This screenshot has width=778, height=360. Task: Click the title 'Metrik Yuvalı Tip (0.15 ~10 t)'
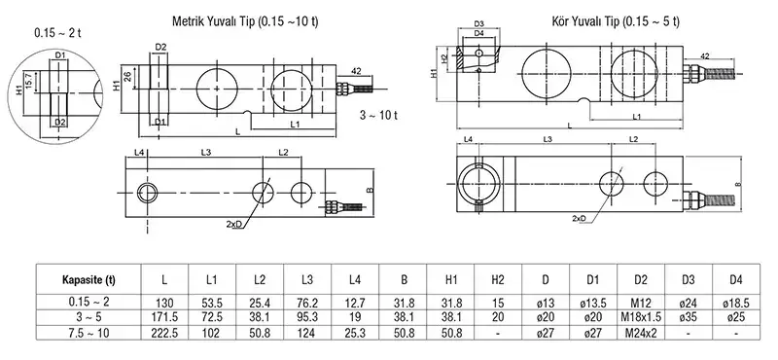click(x=245, y=21)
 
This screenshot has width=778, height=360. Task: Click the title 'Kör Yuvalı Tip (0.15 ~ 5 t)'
click(x=616, y=21)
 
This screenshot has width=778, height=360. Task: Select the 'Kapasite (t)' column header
click(x=88, y=280)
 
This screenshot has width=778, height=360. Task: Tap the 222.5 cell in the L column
click(x=164, y=333)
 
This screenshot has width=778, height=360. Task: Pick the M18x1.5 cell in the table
click(x=641, y=317)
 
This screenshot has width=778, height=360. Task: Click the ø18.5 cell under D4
click(x=736, y=303)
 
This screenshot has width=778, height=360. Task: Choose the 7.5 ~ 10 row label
click(x=88, y=333)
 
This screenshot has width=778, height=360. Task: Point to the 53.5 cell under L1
click(x=212, y=303)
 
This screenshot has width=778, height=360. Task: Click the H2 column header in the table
click(x=498, y=280)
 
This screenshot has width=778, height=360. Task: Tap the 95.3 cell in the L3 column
click(x=307, y=317)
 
